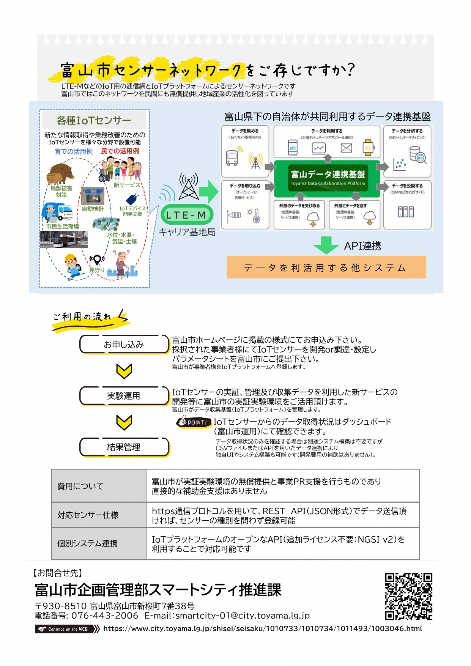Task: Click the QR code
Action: (408, 596)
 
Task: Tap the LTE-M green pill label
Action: (186, 215)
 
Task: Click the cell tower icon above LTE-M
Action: (189, 187)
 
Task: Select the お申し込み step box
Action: (124, 345)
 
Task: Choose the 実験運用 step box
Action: (124, 396)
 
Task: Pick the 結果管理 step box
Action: (124, 447)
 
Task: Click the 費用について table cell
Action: (99, 486)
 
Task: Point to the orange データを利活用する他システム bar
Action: (326, 268)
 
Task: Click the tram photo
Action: (64, 239)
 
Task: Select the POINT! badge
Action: (194, 422)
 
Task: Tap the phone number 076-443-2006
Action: (105, 616)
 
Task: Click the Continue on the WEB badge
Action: (67, 629)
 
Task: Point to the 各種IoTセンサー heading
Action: (94, 120)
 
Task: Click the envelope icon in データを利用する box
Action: (346, 148)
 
